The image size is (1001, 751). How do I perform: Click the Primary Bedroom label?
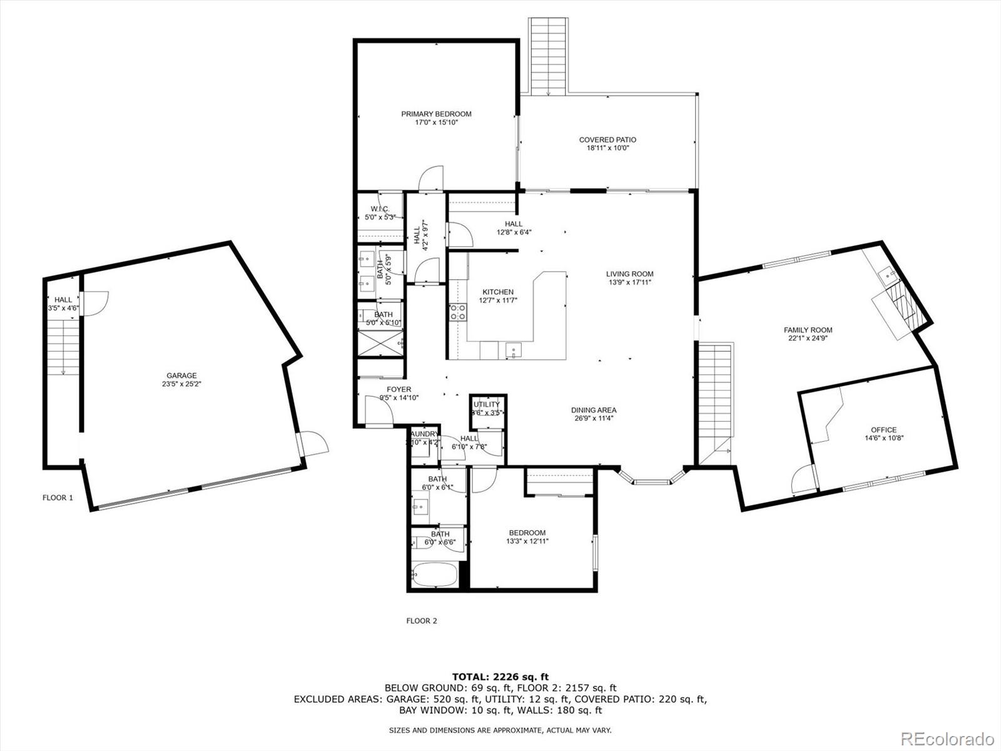(436, 114)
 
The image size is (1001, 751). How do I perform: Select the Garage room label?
(181, 375)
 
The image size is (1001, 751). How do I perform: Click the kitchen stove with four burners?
(457, 312)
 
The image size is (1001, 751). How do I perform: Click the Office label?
(883, 430)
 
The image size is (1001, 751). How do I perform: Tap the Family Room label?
(808, 330)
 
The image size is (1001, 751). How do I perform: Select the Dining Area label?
(593, 410)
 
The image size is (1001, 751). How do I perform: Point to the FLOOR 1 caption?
(58, 498)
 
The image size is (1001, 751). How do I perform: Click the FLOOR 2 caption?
(422, 621)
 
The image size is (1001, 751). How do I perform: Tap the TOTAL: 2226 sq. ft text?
(500, 677)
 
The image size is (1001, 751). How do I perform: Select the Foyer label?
(399, 389)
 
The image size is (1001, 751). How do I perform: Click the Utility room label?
(487, 404)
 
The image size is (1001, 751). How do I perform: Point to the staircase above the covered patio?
(548, 56)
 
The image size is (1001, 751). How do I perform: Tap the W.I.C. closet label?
(380, 209)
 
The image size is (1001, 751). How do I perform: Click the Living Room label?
(629, 273)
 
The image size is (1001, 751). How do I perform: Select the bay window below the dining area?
(652, 481)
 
